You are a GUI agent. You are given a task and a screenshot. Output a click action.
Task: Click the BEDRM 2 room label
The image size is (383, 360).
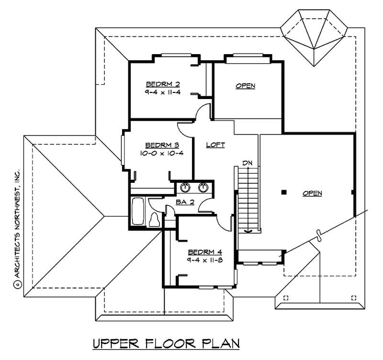tap(163, 84)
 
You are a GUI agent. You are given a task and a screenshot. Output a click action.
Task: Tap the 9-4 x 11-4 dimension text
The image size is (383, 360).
tap(162, 92)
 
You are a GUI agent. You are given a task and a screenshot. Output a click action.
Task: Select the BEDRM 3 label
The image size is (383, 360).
tap(162, 146)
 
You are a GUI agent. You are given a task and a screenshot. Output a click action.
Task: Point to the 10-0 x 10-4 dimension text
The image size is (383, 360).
tap(162, 153)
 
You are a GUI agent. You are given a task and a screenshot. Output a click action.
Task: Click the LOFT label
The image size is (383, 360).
tap(215, 145)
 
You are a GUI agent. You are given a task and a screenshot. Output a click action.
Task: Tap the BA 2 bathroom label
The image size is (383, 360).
tap(185, 202)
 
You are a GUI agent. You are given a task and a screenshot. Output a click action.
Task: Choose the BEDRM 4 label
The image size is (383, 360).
tap(205, 252)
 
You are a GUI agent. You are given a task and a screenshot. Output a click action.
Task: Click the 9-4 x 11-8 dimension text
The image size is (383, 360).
tap(205, 260)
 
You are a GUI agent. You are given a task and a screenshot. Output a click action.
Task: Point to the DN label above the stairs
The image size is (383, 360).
tap(248, 163)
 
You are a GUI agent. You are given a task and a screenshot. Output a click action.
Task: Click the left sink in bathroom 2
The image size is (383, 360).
tap(185, 187)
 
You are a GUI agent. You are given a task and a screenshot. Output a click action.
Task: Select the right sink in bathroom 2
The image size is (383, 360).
tap(203, 187)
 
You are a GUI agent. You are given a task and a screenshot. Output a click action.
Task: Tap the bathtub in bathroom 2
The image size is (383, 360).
tap(138, 211)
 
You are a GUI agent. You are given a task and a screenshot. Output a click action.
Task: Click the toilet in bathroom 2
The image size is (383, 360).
tap(154, 220)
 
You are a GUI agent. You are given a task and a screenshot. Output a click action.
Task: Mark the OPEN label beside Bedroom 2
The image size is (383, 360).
tap(246, 86)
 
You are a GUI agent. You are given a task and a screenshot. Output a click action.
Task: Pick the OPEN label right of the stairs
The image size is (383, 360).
tap(312, 193)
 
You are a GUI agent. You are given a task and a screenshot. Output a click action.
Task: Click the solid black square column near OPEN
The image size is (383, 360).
tap(283, 192)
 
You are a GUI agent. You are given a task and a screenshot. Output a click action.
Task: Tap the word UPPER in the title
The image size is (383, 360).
tap(116, 344)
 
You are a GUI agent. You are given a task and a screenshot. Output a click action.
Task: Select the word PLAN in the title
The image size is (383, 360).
tap(221, 344)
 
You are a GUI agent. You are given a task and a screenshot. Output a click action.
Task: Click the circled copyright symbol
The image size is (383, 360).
tap(18, 284)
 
